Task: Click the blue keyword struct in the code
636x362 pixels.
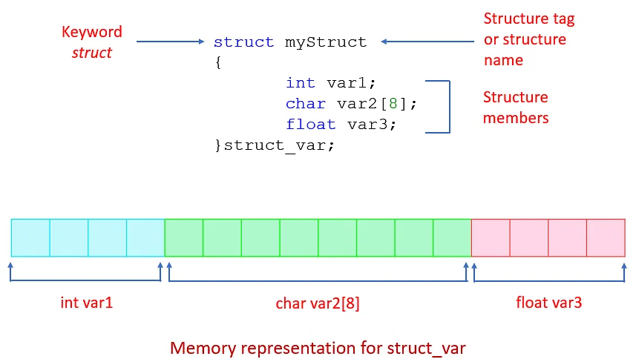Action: [244, 42]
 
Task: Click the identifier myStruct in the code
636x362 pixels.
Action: [326, 42]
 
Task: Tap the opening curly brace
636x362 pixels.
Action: [218, 63]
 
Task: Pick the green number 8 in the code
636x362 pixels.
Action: [393, 104]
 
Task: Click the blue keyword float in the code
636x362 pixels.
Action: [311, 125]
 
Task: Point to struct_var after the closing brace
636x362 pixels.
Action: [279, 145]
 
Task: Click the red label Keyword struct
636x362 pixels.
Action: [92, 42]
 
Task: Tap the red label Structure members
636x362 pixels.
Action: [516, 108]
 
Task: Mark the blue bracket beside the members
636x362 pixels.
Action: [448, 107]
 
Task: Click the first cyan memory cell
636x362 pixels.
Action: [30, 238]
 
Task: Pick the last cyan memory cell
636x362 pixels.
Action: [145, 238]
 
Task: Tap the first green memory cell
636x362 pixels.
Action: [183, 238]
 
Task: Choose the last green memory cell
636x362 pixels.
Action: [452, 238]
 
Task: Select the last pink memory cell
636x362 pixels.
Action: [606, 238]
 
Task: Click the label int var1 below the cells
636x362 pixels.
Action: [86, 303]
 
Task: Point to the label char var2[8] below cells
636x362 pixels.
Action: [318, 303]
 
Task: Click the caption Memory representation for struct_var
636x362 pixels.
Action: [318, 347]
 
